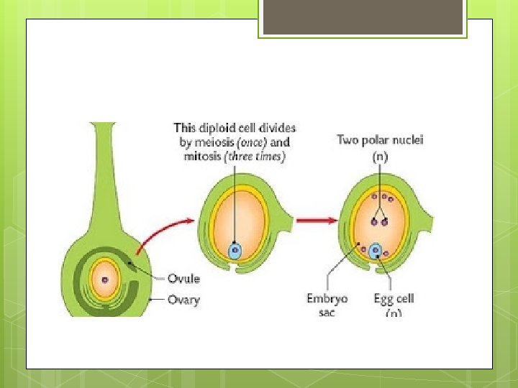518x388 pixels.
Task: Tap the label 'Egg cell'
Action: [x=394, y=298]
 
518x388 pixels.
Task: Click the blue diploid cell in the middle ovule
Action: [x=235, y=251]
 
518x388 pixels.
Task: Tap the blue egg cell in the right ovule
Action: [x=375, y=251]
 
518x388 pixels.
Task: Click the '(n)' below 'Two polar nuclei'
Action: [x=378, y=154]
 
